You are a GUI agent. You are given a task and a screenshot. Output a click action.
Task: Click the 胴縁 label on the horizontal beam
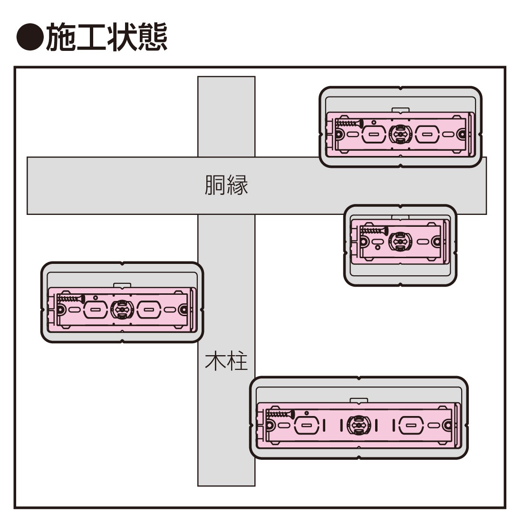(226, 185)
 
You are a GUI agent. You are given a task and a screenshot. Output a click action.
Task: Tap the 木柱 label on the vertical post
(226, 361)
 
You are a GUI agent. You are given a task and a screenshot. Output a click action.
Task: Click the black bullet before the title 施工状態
(29, 37)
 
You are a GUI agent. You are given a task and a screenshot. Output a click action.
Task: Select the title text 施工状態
(107, 37)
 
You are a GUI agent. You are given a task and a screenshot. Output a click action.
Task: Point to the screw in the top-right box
(349, 123)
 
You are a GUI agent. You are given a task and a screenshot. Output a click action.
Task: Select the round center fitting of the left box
(121, 310)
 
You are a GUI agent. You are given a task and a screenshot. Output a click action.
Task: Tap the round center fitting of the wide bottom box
(357, 425)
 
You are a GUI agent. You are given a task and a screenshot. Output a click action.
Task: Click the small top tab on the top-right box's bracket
(400, 110)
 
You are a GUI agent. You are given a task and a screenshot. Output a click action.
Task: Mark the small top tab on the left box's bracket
(122, 286)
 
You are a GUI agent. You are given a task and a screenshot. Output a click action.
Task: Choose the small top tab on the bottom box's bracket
(358, 400)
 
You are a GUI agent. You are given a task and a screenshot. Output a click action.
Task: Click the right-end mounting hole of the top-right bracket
(461, 135)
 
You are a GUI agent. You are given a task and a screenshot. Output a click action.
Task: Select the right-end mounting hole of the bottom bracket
(447, 425)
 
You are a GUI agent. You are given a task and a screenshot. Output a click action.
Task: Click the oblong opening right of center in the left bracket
(148, 310)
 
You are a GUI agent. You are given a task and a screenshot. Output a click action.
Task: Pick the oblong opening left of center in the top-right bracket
(373, 135)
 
